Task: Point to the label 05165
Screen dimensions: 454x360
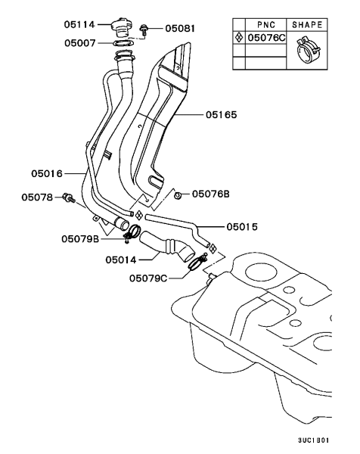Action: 221,115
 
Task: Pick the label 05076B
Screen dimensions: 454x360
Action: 210,194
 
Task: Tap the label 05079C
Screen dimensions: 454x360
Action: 148,278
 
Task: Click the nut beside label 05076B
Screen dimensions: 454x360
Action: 178,195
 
